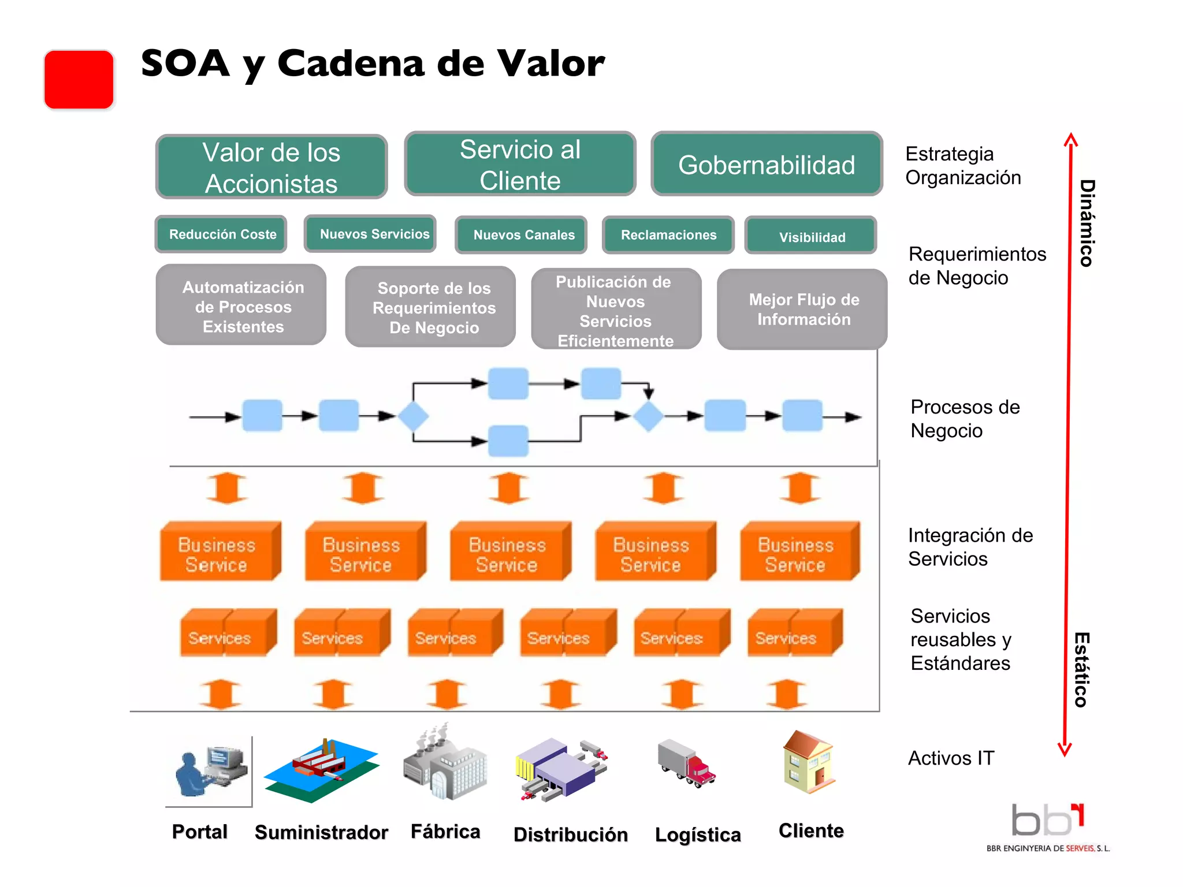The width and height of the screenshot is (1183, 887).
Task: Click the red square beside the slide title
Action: [x=79, y=80]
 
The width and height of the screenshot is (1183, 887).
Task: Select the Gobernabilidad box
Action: [x=766, y=165]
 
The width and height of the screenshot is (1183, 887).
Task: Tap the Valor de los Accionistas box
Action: [x=271, y=167]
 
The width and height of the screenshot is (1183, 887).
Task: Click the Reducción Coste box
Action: [x=222, y=234]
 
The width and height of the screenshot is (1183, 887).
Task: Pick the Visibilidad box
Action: [x=811, y=236]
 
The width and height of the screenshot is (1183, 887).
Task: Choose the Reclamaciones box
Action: [x=668, y=235]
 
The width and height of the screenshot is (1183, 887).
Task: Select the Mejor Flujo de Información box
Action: [x=803, y=310]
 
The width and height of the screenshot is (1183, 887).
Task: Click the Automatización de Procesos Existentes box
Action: [x=242, y=306]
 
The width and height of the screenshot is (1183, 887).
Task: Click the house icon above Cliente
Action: [x=808, y=762]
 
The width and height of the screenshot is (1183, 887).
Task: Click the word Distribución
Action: [x=570, y=834]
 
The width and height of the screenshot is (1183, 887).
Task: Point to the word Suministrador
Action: [x=321, y=832]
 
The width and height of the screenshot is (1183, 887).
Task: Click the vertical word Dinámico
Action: [x=1087, y=223]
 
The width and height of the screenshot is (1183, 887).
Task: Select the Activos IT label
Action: [x=951, y=758]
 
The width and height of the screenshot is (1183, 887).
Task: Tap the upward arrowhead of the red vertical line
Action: [x=1070, y=139]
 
